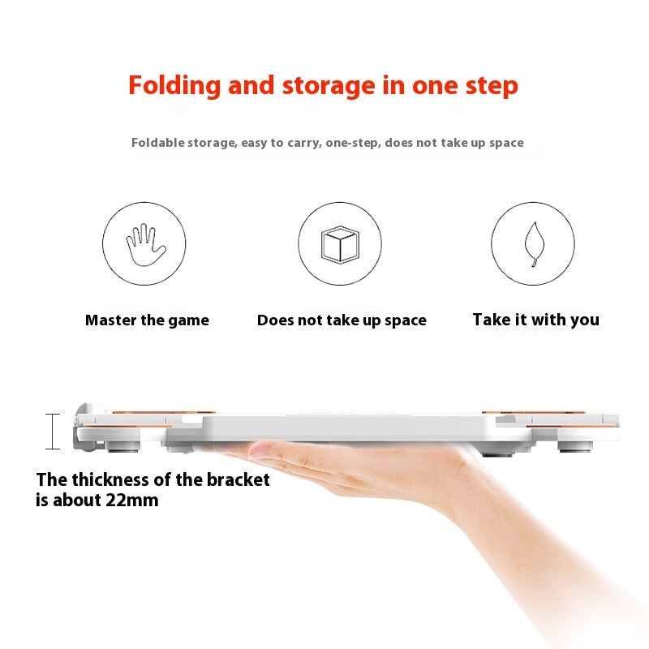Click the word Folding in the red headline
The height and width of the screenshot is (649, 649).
click(174, 86)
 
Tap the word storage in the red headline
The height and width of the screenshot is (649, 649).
click(329, 86)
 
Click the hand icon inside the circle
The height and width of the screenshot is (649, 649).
click(146, 245)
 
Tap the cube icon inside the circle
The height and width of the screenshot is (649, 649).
click(340, 244)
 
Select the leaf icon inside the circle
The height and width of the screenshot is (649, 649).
click(534, 244)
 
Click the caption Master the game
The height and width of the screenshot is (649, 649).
click(147, 320)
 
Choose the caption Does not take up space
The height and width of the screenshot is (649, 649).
click(342, 320)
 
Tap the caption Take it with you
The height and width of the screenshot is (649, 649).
click(536, 320)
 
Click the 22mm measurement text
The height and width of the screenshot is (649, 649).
click(132, 500)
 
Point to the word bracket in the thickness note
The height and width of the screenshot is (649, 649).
click(238, 480)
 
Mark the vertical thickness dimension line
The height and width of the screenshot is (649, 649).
click(53, 432)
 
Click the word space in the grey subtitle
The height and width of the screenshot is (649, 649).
click(506, 144)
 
